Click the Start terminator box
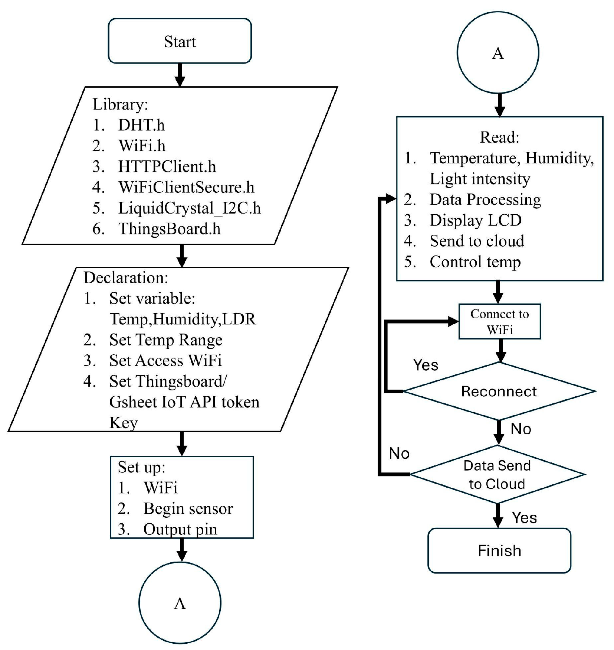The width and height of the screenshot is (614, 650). [180, 41]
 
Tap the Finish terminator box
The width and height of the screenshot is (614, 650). [499, 550]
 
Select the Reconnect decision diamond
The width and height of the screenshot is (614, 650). [499, 391]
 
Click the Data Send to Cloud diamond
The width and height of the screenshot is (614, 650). [497, 475]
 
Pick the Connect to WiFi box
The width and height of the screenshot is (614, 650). [499, 321]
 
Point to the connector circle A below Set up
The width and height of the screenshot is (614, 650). [180, 603]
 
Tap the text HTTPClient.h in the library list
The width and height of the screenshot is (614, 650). [167, 166]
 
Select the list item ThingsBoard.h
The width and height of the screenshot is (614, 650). [169, 229]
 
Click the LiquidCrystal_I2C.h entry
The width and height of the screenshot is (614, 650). [189, 208]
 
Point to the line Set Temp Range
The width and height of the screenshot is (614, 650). [165, 340]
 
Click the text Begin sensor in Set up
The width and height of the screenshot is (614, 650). [188, 508]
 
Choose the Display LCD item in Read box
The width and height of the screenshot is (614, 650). [475, 220]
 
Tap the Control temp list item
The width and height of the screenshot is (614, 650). [475, 262]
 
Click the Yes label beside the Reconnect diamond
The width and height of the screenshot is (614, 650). [426, 365]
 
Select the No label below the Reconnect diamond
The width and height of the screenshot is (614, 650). [521, 429]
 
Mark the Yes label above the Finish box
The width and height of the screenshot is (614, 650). [524, 518]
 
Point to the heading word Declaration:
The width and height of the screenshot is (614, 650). [126, 277]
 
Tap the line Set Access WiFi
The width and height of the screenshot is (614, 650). [165, 361]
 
